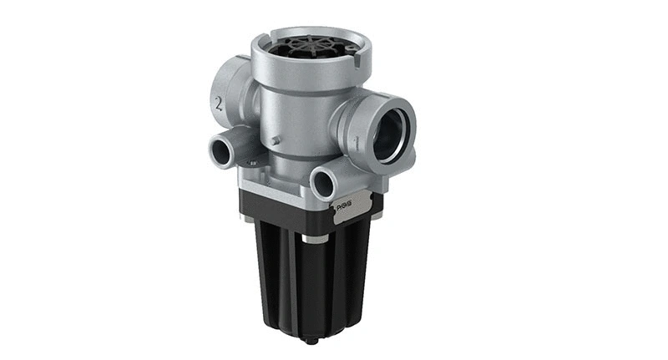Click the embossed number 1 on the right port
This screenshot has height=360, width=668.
pos(357,143)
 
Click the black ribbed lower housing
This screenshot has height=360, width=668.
pos(309,284)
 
